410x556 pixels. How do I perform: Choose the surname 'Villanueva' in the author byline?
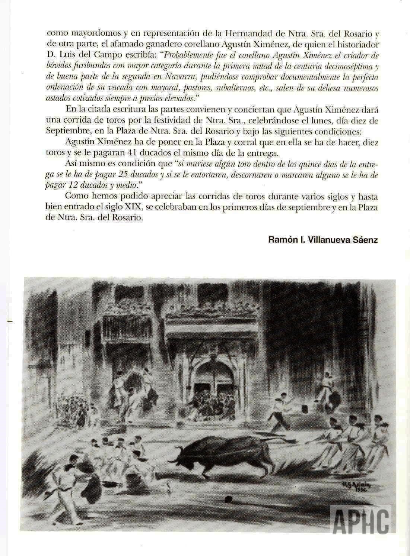point(327,240)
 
